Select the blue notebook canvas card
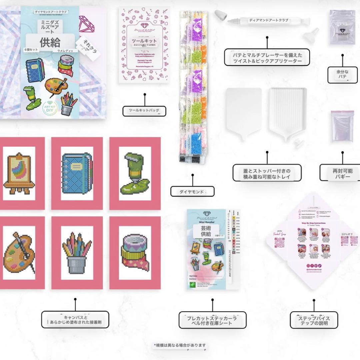tap(77, 173)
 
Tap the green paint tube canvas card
tap(135, 173)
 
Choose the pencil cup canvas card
tap(77, 253)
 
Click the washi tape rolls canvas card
tap(135, 253)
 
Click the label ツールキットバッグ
tap(144, 111)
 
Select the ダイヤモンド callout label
tap(192, 191)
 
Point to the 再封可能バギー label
tap(343, 173)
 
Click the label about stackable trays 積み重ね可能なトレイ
tap(267, 173)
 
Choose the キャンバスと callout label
tap(75, 320)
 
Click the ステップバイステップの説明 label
tap(314, 320)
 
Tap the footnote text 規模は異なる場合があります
tap(180, 345)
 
